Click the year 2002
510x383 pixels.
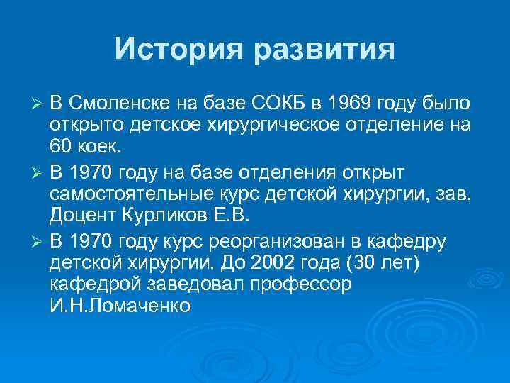(x=291, y=263)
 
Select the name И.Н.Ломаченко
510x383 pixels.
(x=120, y=306)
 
